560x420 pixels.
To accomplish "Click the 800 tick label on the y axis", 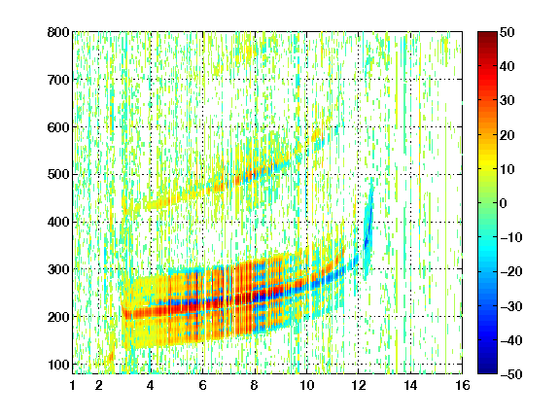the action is click(58, 32).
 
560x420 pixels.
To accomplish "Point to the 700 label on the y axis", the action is click(58, 80).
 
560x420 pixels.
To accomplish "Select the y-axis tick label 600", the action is click(58, 127).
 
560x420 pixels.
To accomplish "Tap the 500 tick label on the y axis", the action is click(58, 175).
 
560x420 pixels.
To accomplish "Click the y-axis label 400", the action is click(58, 223).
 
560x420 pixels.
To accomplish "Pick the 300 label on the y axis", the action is click(58, 269).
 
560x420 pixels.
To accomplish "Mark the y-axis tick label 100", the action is click(58, 365).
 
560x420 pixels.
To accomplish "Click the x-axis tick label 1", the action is click(73, 385).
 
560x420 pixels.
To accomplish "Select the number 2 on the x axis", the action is click(99, 385).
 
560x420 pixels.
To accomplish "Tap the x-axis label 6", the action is click(202, 385).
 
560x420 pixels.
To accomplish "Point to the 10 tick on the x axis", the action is click(307, 385).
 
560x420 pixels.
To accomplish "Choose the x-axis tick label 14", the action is click(410, 385).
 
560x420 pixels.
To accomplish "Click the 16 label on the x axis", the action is click(463, 385).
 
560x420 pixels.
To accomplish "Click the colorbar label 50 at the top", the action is click(507, 32).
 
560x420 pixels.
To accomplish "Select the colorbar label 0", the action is click(504, 203).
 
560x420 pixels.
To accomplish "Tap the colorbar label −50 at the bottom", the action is click(511, 374).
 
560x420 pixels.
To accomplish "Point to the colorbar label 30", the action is click(507, 101).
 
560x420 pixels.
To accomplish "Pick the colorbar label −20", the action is click(511, 272).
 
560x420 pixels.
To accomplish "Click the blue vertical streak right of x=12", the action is click(368, 228).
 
